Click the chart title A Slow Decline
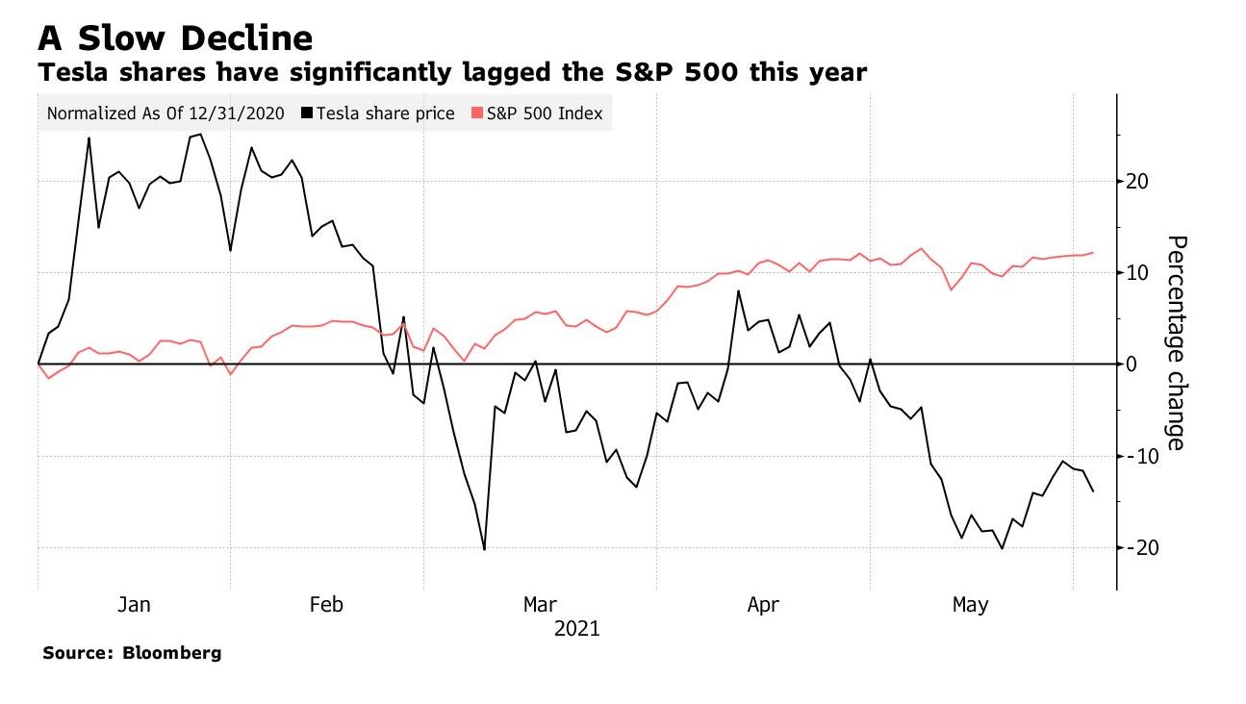tap(175, 38)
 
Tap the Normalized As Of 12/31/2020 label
tap(165, 113)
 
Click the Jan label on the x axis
tap(134, 605)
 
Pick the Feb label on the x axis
tap(326, 605)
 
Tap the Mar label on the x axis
tap(540, 605)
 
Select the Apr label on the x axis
tap(763, 605)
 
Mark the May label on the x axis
tap(970, 605)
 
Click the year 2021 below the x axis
tap(577, 629)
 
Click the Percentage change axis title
tap(1176, 342)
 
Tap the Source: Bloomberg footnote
tap(132, 653)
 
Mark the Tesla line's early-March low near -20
tap(484, 549)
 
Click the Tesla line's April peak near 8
tap(738, 290)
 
